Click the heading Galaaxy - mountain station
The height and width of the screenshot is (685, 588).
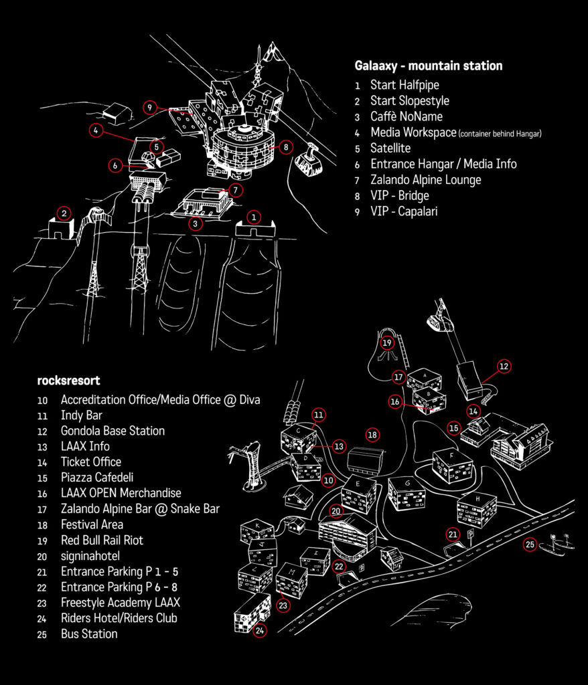click(x=428, y=66)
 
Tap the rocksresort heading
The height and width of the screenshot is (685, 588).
click(x=68, y=381)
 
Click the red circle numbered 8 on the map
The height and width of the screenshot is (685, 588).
click(x=286, y=146)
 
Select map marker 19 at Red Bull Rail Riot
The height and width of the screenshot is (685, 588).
click(x=386, y=343)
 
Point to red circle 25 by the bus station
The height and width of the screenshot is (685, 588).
click(x=530, y=545)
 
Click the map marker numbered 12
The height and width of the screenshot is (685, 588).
click(x=504, y=367)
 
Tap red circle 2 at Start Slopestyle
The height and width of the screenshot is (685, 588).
click(x=64, y=213)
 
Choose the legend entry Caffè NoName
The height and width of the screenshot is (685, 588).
click(x=407, y=116)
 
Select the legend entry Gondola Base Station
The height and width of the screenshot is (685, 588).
click(x=113, y=431)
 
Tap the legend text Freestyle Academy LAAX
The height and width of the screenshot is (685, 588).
click(x=120, y=603)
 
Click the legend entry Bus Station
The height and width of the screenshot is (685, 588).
click(x=89, y=633)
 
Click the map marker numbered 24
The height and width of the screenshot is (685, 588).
click(x=260, y=630)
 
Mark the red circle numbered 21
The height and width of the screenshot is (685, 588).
click(x=453, y=534)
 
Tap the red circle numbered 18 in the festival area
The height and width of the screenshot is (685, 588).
click(x=372, y=435)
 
